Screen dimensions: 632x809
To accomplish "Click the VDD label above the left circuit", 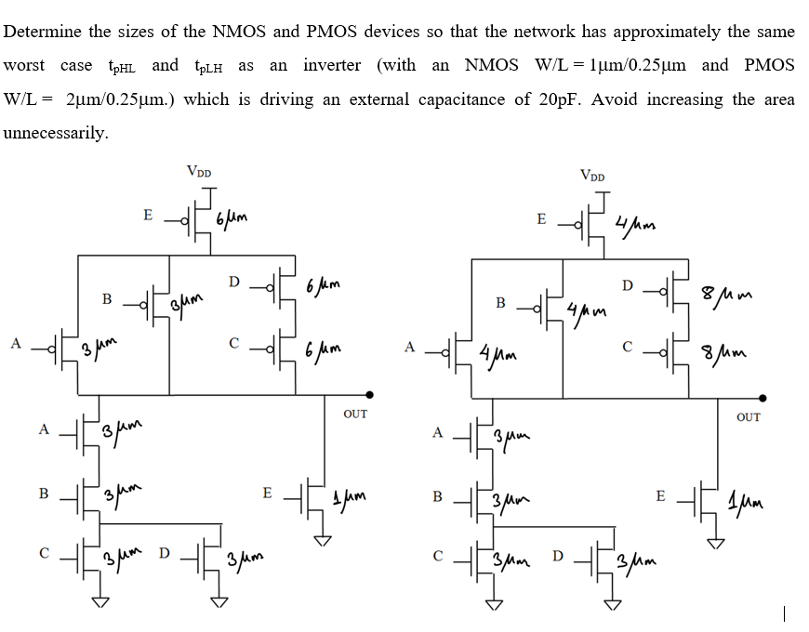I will tap(198, 171).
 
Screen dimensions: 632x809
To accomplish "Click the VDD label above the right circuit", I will tap(591, 175).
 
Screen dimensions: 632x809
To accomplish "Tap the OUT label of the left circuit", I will tap(355, 415).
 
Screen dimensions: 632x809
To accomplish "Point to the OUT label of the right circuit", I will tap(748, 417).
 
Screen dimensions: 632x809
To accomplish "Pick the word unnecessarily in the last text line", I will tap(56, 133).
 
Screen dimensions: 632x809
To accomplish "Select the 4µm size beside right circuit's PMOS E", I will tap(636, 226).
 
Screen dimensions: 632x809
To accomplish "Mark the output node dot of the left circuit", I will tap(370, 393).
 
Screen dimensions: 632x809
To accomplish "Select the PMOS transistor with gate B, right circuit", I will tap(552, 305).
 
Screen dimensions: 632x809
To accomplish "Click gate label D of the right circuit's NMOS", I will tap(558, 556).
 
